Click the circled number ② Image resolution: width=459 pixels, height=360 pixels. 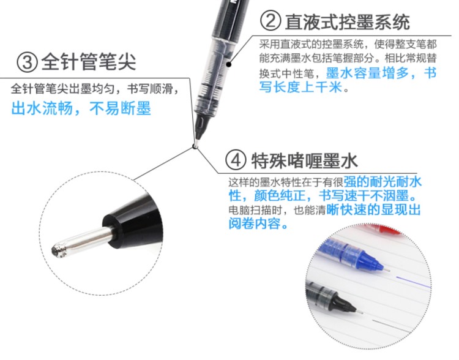point(270,21)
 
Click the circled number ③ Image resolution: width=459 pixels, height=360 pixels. point(27,62)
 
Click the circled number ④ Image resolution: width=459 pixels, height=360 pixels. point(236,160)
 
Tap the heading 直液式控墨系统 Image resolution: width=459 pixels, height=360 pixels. point(347,21)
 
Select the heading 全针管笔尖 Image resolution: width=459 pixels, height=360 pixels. point(89,61)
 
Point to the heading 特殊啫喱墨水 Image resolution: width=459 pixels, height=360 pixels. point(304,160)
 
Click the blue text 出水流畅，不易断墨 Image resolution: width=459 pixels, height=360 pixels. point(81,108)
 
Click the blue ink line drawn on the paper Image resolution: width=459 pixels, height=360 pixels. point(413,282)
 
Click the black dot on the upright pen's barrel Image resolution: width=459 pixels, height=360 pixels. point(229,64)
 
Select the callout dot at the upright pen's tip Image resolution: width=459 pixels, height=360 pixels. point(195,146)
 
